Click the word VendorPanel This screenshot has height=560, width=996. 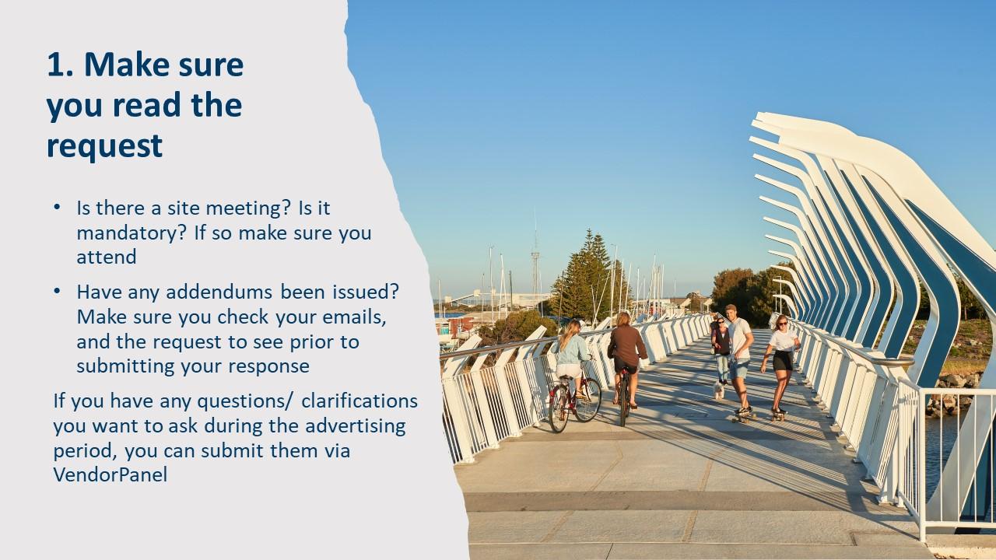pyautogui.click(x=110, y=474)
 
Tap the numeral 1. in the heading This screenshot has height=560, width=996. pyautogui.click(x=60, y=65)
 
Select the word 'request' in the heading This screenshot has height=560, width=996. pyautogui.click(x=104, y=145)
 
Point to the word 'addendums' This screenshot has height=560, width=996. pyautogui.click(x=231, y=292)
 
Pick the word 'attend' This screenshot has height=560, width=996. pyautogui.click(x=106, y=257)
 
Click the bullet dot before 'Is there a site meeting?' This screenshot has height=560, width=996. pyautogui.click(x=57, y=208)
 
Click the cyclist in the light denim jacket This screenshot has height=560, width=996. pyautogui.click(x=572, y=354)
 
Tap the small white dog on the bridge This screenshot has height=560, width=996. pyautogui.click(x=719, y=389)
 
